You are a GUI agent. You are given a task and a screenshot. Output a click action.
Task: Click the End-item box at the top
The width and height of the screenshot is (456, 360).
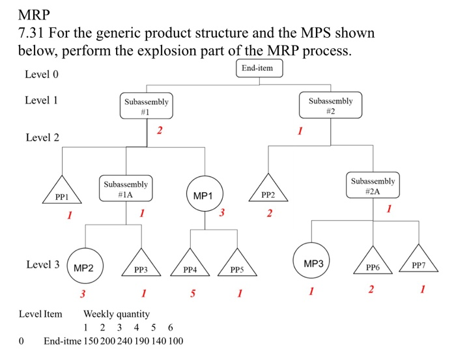point(259,68)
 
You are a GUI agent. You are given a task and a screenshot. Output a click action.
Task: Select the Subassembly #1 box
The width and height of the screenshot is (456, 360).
point(147,106)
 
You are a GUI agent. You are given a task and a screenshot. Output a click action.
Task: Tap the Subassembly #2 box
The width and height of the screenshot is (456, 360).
point(330,105)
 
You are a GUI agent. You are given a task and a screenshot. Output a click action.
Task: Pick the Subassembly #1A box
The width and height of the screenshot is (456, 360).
point(126,189)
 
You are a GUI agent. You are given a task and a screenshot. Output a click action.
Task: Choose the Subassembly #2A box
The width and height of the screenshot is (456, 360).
point(372,186)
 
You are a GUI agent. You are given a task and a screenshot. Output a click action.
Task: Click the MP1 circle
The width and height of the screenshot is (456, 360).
point(205,195)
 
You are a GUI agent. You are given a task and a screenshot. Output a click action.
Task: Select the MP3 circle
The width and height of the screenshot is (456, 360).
point(311,263)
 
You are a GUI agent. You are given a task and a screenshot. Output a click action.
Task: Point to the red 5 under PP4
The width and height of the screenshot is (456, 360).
point(192,294)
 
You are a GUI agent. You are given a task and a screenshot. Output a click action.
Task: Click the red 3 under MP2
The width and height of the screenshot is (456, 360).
point(81,294)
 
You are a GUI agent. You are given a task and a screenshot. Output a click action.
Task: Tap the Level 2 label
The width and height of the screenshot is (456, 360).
point(42,138)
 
